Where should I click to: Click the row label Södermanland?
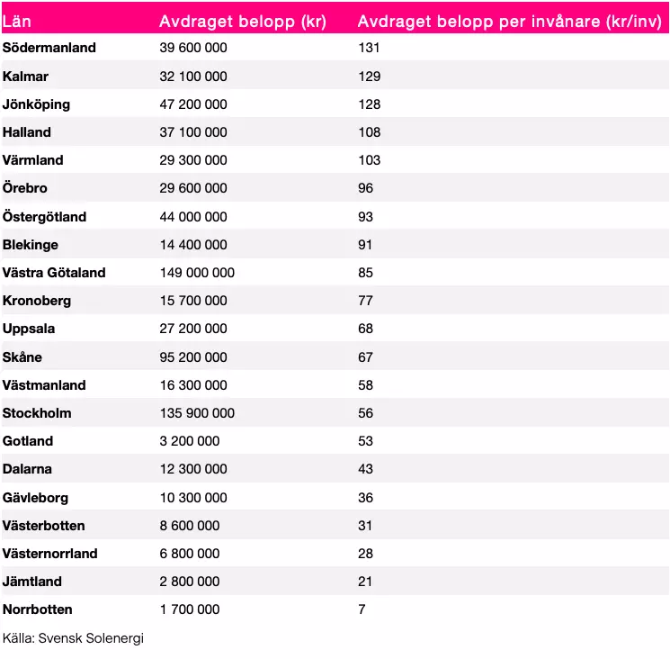(49, 48)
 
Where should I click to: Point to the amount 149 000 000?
(197, 273)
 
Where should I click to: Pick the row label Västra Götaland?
(54, 273)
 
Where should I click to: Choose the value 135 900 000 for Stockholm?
(197, 413)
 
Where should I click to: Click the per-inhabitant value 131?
(369, 48)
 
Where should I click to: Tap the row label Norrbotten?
(38, 609)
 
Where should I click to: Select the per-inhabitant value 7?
(362, 609)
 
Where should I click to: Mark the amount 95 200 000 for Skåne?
(193, 357)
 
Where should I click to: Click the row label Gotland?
(28, 441)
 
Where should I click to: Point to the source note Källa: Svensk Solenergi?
(73, 638)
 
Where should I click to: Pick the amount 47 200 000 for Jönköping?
(193, 104)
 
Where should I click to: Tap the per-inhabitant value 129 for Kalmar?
(369, 77)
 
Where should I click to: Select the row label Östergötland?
(45, 217)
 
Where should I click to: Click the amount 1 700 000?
(190, 609)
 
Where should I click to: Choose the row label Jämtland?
(32, 582)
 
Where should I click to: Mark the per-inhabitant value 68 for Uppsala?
(365, 329)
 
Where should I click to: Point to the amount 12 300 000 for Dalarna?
(193, 469)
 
